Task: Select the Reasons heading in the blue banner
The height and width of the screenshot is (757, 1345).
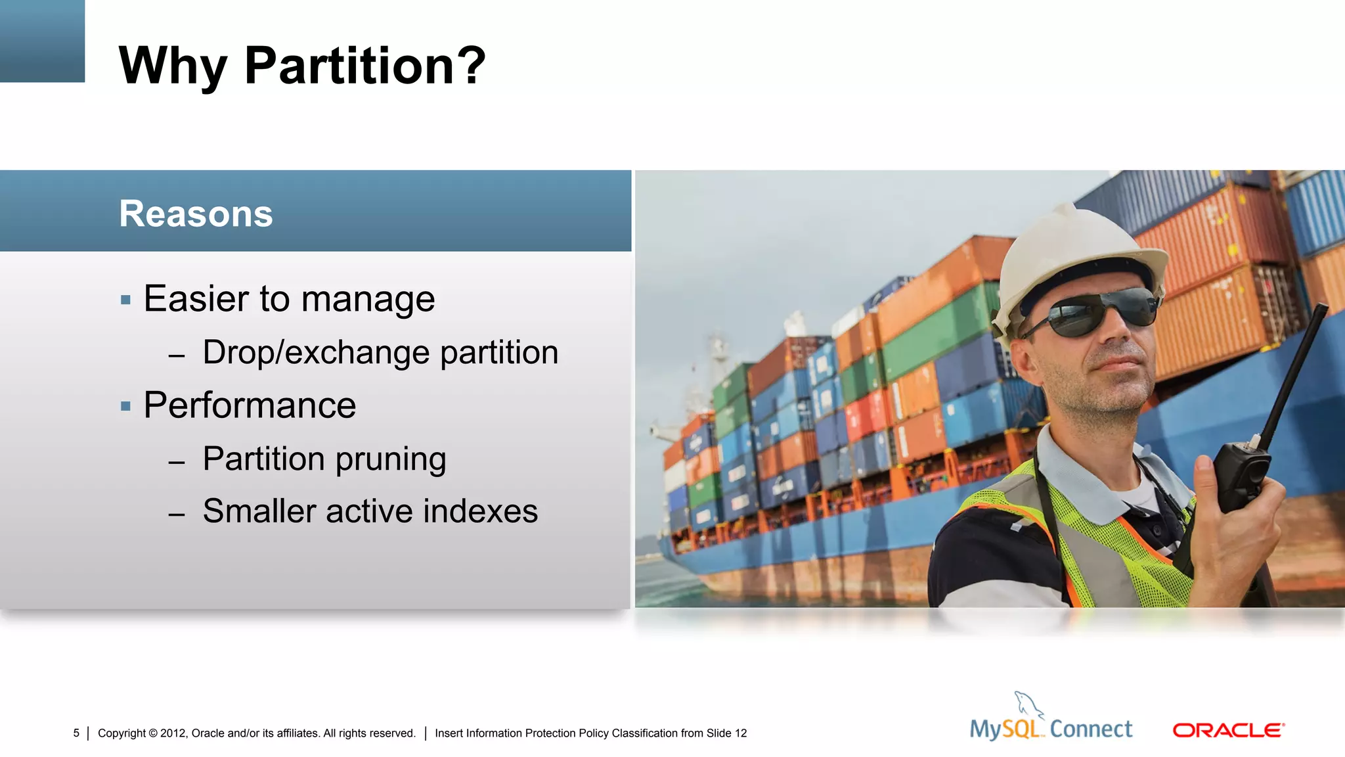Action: pyautogui.click(x=196, y=214)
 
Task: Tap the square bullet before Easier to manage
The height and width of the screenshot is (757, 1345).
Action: pyautogui.click(x=126, y=300)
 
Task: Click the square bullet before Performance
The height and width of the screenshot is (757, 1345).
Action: pyautogui.click(x=126, y=407)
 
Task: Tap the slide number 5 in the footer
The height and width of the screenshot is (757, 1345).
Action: pyautogui.click(x=76, y=733)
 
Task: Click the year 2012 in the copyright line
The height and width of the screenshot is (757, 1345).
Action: pyautogui.click(x=173, y=733)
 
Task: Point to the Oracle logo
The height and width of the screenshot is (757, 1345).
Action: pyautogui.click(x=1228, y=731)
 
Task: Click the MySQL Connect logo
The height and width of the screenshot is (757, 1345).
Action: pyautogui.click(x=1051, y=728)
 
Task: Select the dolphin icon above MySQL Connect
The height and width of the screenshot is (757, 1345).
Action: pyautogui.click(x=1028, y=704)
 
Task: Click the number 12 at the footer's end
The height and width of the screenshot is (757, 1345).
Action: pyautogui.click(x=741, y=733)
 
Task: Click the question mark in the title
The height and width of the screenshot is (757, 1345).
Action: pyautogui.click(x=472, y=66)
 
